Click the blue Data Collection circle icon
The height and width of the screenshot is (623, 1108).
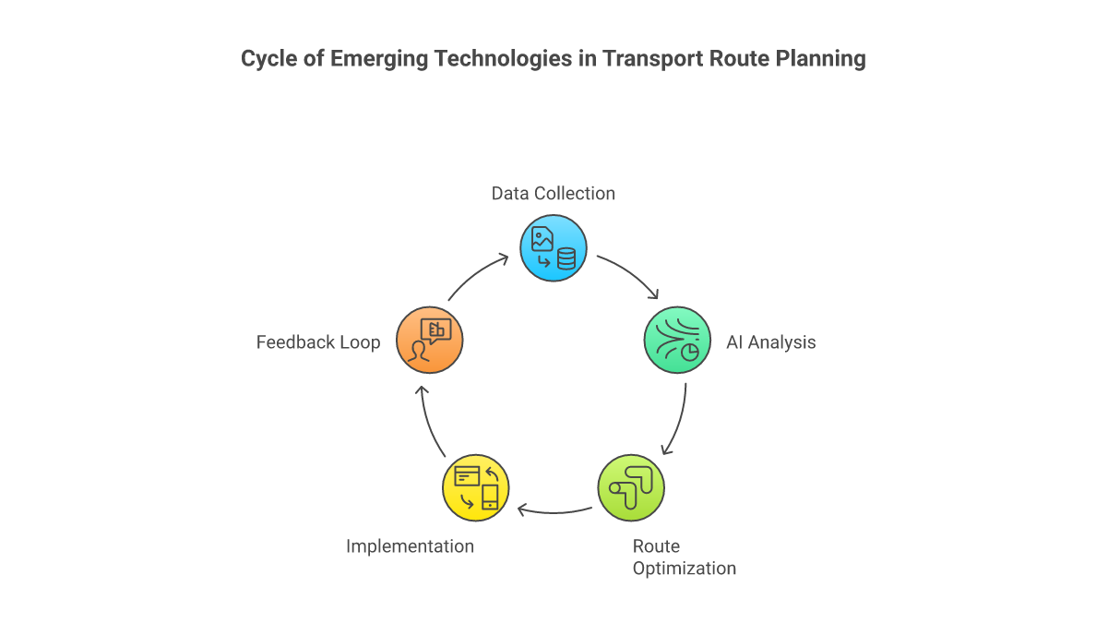(554, 248)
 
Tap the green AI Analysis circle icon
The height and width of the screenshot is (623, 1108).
(676, 340)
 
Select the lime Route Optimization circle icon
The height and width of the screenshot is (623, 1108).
(631, 487)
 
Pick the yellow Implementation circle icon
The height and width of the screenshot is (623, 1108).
(476, 487)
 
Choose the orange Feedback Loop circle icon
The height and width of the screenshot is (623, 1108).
(429, 340)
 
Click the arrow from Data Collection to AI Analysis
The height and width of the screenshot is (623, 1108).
(629, 274)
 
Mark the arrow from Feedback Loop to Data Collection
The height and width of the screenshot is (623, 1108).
(478, 274)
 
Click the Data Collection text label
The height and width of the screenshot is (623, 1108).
(553, 193)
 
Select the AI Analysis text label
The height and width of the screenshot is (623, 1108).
(770, 342)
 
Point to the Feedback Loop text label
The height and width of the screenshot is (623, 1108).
(318, 342)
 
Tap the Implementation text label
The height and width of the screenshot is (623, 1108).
(410, 546)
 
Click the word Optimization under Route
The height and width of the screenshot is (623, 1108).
(684, 568)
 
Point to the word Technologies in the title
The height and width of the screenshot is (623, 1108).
(506, 59)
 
